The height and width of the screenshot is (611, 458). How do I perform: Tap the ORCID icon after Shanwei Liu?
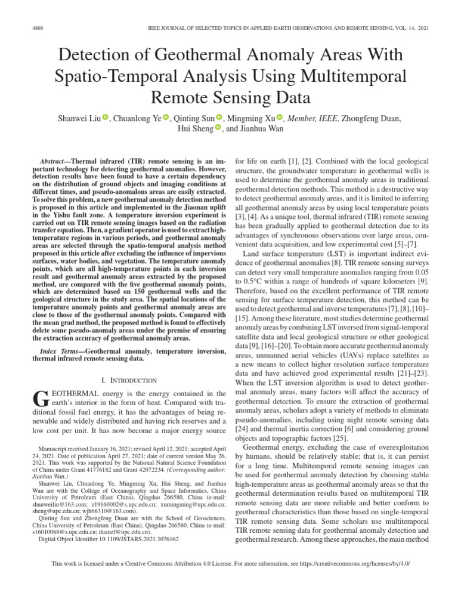(x=105, y=118)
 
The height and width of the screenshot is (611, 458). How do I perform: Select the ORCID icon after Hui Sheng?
(x=218, y=128)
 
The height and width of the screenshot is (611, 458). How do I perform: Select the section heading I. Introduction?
(x=129, y=380)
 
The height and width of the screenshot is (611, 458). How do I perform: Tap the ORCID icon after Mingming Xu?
(x=280, y=118)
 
